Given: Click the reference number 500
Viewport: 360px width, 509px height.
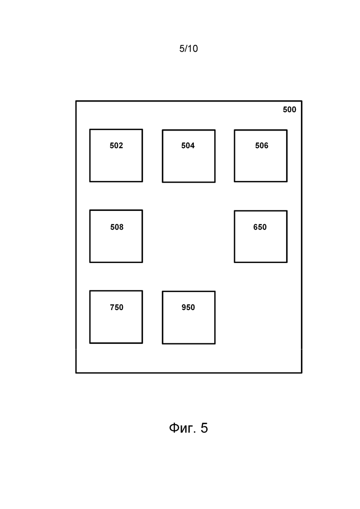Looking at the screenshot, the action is click(289, 110).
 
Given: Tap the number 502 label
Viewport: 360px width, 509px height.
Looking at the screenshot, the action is click(116, 145).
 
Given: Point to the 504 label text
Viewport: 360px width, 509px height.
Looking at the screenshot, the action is click(188, 145).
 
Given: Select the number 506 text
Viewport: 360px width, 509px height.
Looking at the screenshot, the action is click(262, 145).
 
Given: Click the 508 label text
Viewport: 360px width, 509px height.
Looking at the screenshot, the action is click(117, 227).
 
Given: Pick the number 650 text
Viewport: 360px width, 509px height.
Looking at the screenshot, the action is click(260, 227).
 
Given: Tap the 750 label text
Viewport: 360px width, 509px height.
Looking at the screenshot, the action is click(116, 307).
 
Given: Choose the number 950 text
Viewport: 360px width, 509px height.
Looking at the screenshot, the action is click(188, 307).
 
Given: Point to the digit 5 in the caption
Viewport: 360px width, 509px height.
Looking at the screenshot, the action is click(204, 428).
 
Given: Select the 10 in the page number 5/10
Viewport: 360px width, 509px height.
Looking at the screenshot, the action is click(193, 49).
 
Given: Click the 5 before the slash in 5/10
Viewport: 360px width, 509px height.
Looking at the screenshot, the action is click(182, 49).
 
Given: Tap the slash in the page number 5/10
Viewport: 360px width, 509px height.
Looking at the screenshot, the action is click(186, 49).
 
